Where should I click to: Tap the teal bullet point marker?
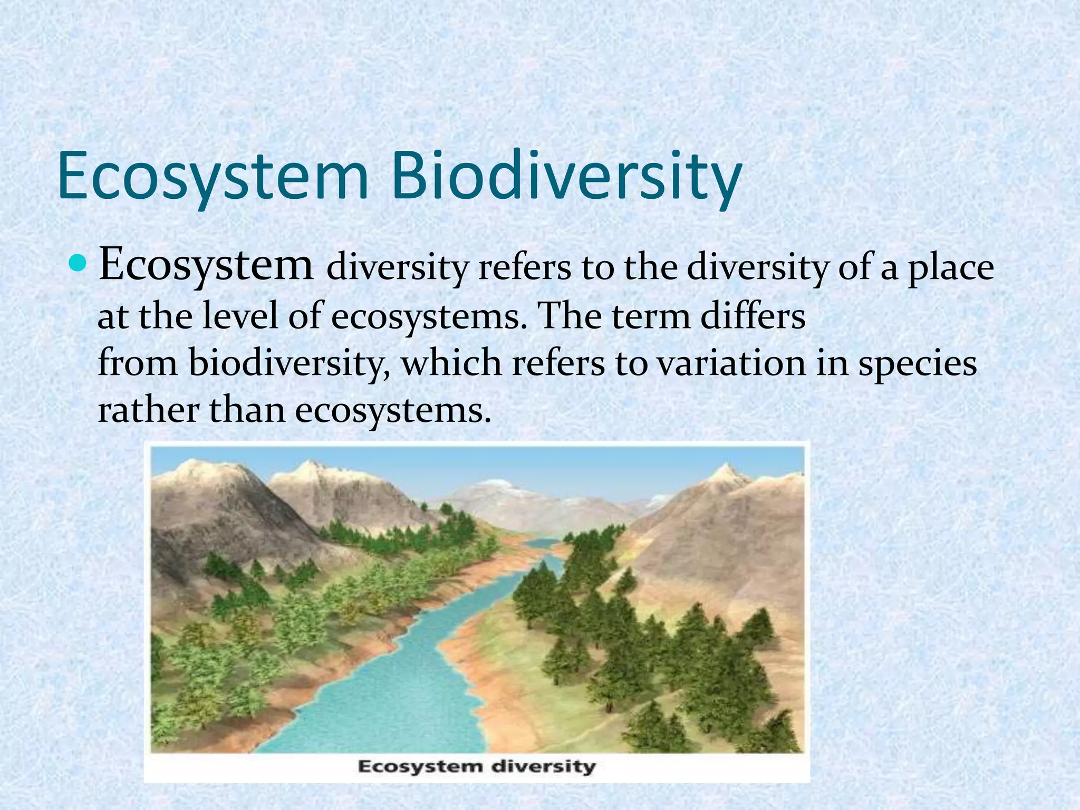77,261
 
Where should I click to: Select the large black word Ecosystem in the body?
206,265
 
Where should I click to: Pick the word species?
918,364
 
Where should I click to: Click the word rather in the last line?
148,410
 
